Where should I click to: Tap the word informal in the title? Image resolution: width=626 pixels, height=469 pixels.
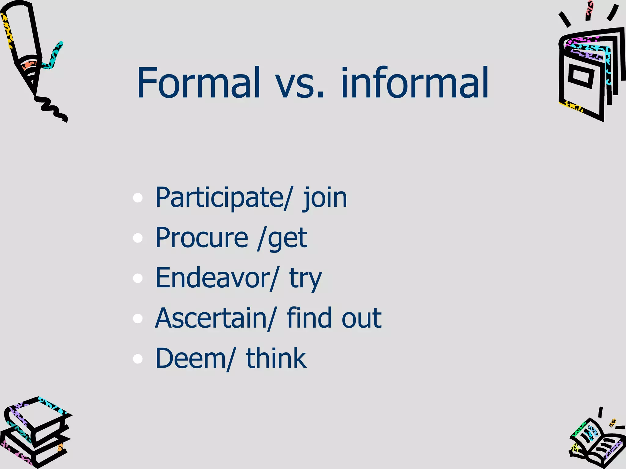pos(414,83)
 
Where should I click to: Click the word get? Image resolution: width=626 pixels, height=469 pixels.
pos(287,240)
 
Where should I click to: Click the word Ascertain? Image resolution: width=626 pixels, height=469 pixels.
pos(211,318)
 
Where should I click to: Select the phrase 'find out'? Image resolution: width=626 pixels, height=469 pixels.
pos(334,318)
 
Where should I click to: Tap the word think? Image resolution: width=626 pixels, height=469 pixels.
pos(276,358)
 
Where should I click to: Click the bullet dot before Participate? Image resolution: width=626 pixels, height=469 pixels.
pos(138,198)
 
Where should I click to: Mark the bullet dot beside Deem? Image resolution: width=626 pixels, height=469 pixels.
pos(138,359)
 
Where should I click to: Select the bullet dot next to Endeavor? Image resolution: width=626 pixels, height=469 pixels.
pos(138,278)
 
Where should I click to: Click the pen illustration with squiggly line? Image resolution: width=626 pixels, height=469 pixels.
pos(31,58)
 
